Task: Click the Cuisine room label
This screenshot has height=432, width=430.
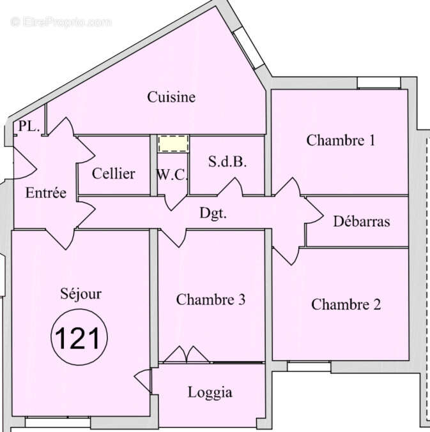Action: pyautogui.click(x=171, y=98)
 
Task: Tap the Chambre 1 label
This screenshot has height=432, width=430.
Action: pyautogui.click(x=341, y=140)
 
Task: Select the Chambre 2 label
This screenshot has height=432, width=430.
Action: pyautogui.click(x=346, y=304)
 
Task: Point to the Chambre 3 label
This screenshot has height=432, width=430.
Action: pyautogui.click(x=211, y=299)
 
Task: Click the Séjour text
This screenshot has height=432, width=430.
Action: pyautogui.click(x=81, y=294)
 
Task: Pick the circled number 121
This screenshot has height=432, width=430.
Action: pyautogui.click(x=79, y=338)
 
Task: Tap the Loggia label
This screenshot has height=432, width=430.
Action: pyautogui.click(x=210, y=392)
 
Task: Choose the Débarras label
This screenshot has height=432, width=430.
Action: pyautogui.click(x=361, y=222)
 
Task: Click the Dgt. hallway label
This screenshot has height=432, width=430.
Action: pyautogui.click(x=213, y=214)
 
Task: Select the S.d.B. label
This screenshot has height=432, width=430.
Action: pyautogui.click(x=227, y=162)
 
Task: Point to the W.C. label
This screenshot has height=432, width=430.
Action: pyautogui.click(x=172, y=174)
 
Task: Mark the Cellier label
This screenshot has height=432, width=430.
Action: pyautogui.click(x=113, y=174)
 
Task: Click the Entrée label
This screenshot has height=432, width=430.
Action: pyautogui.click(x=45, y=193)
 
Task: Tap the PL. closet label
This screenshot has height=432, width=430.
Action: pyautogui.click(x=29, y=126)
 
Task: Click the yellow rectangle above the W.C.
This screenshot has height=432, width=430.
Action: pyautogui.click(x=173, y=144)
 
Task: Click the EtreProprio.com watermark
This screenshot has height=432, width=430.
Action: pyautogui.click(x=61, y=22)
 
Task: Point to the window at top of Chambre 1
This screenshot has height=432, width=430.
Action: pyautogui.click(x=378, y=83)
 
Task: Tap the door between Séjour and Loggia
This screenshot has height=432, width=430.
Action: pyautogui.click(x=144, y=382)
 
